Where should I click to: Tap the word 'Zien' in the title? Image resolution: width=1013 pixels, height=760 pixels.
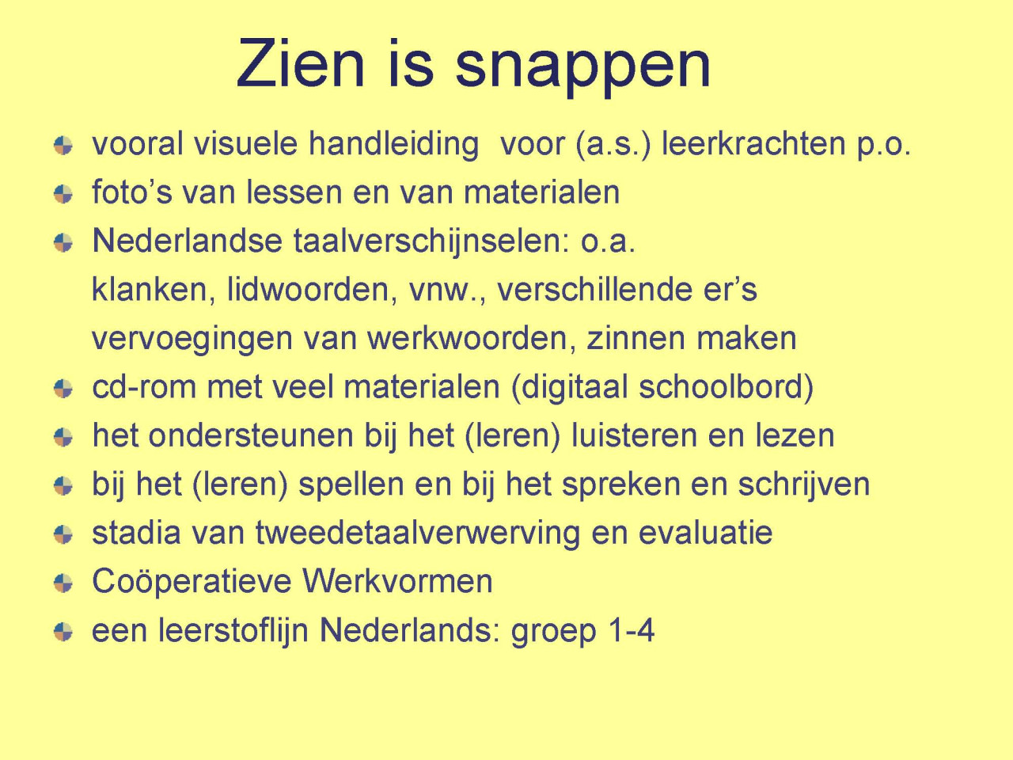301,63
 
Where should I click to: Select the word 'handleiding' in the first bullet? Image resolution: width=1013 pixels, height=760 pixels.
393,144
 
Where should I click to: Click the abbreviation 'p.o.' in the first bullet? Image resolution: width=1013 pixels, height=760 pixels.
884,146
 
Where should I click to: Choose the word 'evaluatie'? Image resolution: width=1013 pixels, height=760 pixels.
705,533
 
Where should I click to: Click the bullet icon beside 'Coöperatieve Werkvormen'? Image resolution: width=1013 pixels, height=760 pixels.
63,583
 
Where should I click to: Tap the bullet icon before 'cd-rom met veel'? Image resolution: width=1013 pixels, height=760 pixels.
63,389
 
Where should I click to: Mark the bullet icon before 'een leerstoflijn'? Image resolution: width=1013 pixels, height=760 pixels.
63,632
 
